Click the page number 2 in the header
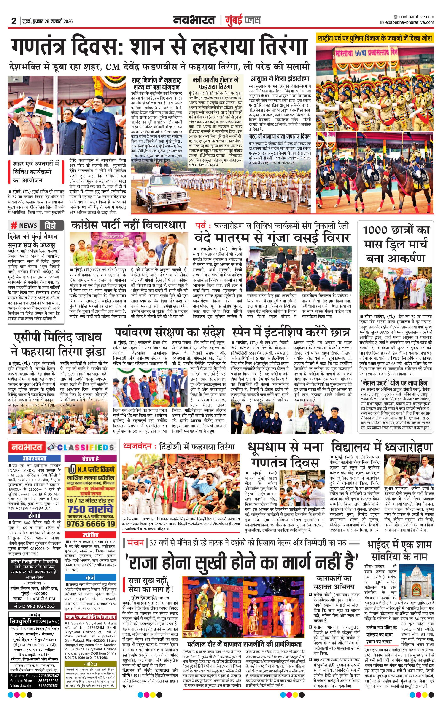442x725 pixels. pos(13,21)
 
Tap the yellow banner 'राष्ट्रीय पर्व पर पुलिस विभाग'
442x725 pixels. pos(375,38)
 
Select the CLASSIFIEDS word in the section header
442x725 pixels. pos(85,447)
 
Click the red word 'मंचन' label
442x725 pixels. pos(136,543)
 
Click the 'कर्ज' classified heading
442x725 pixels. pos(90,578)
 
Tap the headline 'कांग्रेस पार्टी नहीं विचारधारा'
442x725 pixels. pos(129,225)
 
